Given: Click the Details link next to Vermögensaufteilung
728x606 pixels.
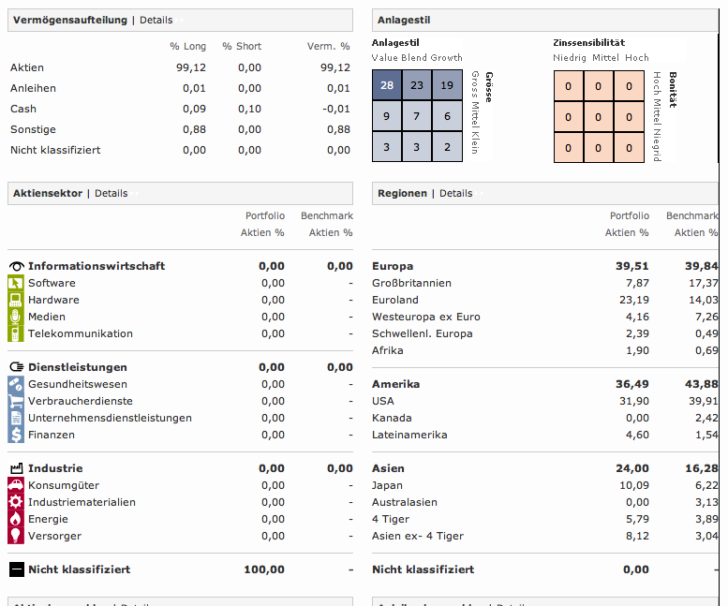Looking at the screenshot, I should tap(156, 20).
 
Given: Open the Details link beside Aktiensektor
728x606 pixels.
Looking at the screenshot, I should tap(111, 193).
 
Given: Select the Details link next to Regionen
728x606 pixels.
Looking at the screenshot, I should tap(456, 193).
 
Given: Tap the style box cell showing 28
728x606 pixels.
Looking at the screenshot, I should tap(387, 85).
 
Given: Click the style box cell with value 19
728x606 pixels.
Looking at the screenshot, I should tap(447, 85).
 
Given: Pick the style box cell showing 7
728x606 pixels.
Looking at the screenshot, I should tap(417, 116).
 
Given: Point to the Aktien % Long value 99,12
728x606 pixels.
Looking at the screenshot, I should tap(190, 67).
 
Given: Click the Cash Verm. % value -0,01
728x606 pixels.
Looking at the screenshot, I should tap(334, 109).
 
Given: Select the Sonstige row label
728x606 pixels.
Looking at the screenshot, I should tap(33, 129).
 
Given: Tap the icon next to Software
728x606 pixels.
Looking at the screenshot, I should tap(16, 283).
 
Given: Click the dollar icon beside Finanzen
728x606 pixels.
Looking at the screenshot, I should tap(16, 435).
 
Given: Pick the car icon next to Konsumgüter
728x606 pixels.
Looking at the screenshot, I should tap(16, 485).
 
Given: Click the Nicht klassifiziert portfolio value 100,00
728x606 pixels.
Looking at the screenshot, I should tap(264, 569).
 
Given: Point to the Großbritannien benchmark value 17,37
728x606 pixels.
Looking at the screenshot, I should tap(704, 283).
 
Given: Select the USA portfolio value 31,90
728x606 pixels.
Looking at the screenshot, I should tap(633, 401).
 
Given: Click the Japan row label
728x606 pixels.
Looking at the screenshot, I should tap(387, 485).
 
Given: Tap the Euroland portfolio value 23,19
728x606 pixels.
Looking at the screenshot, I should tap(633, 300).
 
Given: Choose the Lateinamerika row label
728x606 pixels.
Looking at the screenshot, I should tap(409, 435).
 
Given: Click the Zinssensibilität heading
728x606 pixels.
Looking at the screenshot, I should tap(588, 42).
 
